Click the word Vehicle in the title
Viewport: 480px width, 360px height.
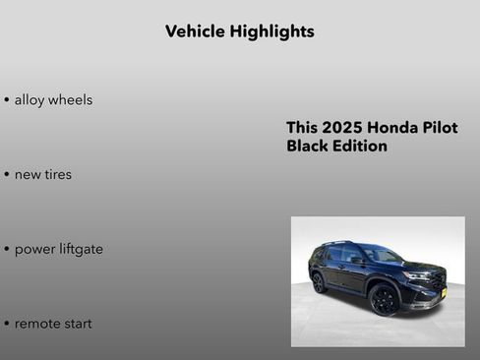click(195, 31)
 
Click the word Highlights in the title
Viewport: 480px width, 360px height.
click(271, 31)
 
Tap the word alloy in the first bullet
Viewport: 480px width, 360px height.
click(30, 99)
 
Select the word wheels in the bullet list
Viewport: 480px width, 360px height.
click(72, 99)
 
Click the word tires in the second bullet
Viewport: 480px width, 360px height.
click(58, 174)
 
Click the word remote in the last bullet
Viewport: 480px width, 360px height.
click(38, 324)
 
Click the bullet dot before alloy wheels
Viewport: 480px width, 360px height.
click(7, 100)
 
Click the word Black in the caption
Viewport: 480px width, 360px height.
click(307, 147)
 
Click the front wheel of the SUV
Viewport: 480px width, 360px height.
click(384, 299)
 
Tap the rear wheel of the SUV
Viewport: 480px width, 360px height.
click(319, 282)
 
